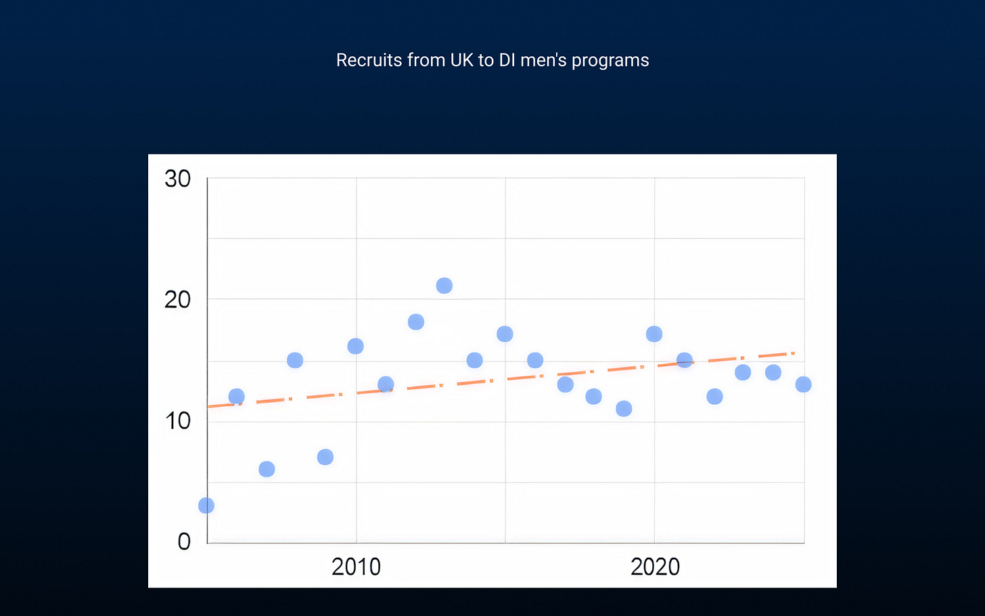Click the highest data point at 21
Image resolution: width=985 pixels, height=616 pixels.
click(444, 286)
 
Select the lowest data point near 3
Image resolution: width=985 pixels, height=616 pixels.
click(206, 506)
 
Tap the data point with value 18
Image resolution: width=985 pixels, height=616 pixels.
click(416, 322)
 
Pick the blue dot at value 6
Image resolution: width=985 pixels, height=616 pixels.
click(267, 469)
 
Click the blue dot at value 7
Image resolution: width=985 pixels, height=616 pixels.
click(325, 457)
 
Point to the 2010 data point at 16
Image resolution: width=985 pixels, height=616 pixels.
click(355, 347)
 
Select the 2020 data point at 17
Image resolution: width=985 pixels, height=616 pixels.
click(654, 334)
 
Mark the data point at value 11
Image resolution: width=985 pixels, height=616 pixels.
click(624, 409)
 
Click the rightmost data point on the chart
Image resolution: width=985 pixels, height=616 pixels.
click(803, 384)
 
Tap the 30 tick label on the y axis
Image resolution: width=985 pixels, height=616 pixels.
click(178, 179)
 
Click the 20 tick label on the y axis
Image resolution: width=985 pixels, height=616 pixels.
click(178, 299)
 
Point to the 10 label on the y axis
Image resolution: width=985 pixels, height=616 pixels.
click(178, 421)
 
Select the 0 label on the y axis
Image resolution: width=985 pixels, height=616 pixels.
click(184, 542)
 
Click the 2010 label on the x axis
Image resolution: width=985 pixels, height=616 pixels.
click(356, 567)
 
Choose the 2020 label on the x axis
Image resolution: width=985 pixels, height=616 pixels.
click(655, 567)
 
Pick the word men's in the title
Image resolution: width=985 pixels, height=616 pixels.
click(544, 60)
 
